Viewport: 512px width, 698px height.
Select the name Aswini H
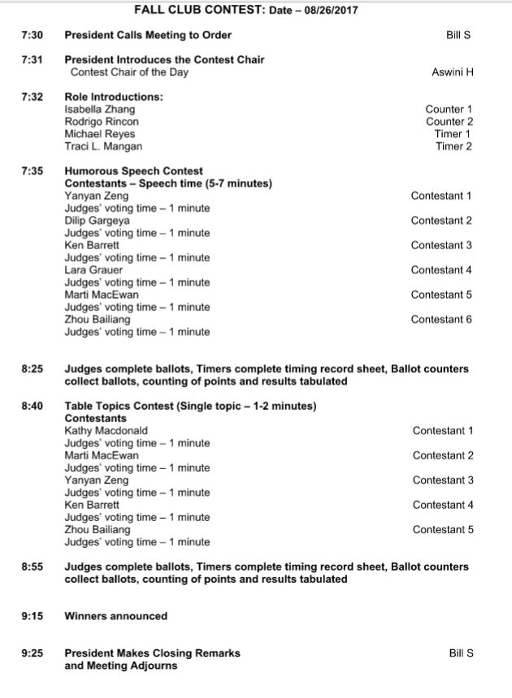click(453, 72)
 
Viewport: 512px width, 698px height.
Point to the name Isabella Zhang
click(100, 110)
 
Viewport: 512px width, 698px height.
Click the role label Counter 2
click(449, 122)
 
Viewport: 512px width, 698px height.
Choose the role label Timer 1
click(453, 134)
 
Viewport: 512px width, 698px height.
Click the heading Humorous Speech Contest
click(133, 171)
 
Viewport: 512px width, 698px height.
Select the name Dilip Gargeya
click(98, 221)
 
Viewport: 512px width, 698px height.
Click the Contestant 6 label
click(441, 319)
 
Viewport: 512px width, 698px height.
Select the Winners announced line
click(115, 616)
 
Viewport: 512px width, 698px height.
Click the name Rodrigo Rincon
click(102, 122)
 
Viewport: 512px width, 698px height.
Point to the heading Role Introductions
click(114, 97)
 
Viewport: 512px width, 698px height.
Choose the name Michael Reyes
click(100, 134)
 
